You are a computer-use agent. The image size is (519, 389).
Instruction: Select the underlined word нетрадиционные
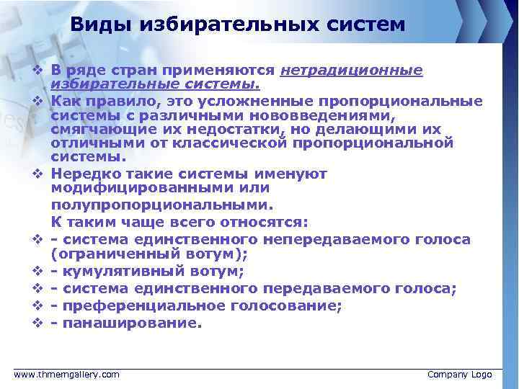[x=351, y=71]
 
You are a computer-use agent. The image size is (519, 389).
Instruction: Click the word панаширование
[x=129, y=323]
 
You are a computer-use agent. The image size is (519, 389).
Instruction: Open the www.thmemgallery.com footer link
[x=67, y=375]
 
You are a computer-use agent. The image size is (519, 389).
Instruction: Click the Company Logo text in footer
[x=459, y=375]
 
